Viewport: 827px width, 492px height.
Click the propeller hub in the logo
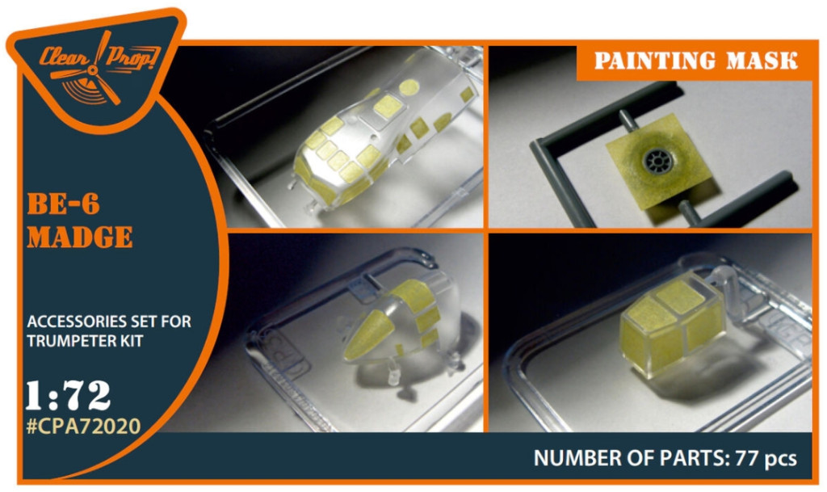pyautogui.click(x=93, y=70)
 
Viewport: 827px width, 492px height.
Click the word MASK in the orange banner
pyautogui.click(x=762, y=61)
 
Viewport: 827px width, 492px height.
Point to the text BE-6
pyautogui.click(x=63, y=204)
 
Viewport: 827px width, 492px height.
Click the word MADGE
pyautogui.click(x=80, y=238)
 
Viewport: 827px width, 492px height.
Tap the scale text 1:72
pyautogui.click(x=69, y=395)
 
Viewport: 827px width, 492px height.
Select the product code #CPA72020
pyautogui.click(x=83, y=426)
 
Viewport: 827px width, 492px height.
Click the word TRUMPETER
pyautogui.click(x=71, y=341)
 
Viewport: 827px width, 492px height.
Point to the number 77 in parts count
pyautogui.click(x=746, y=458)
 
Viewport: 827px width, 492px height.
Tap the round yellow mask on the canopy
pyautogui.click(x=409, y=87)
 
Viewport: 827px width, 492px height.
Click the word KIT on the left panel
pyautogui.click(x=132, y=341)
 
